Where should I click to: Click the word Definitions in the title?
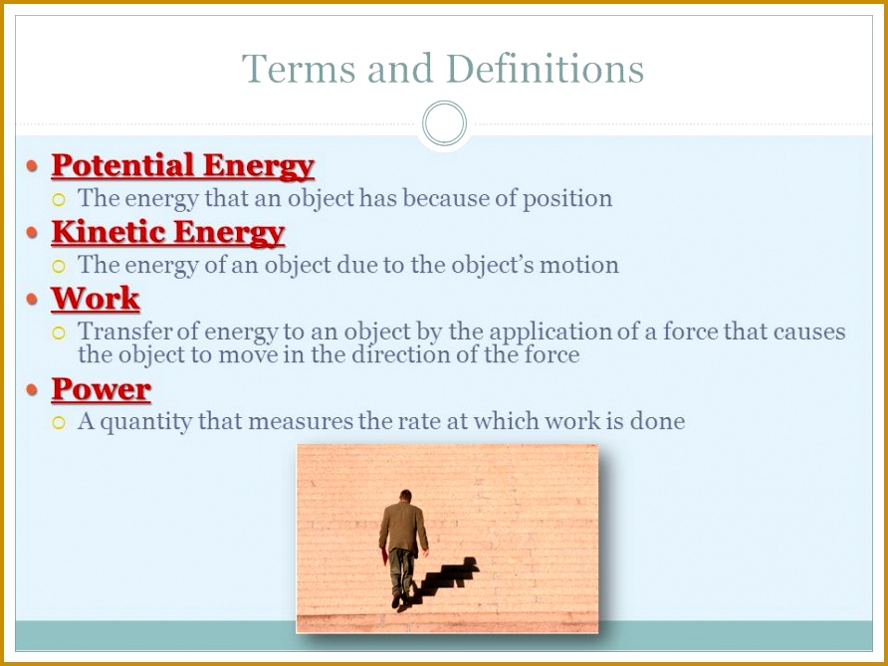click(x=546, y=70)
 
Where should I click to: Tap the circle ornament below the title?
click(x=444, y=124)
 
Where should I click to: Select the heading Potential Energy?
click(x=182, y=164)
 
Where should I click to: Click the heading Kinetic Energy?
click(x=167, y=232)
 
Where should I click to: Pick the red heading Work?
click(x=96, y=298)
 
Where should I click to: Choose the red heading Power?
click(x=101, y=388)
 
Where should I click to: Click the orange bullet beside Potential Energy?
click(x=33, y=164)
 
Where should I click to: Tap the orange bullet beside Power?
click(x=33, y=388)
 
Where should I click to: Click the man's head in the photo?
click(x=405, y=496)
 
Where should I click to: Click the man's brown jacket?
click(x=403, y=528)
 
